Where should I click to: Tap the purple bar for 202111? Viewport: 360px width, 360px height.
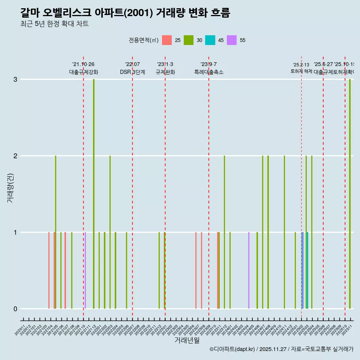85,270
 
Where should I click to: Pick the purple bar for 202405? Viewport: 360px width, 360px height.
249,270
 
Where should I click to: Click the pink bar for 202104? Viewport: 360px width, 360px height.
49,270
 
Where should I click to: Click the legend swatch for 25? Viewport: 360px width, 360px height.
167,40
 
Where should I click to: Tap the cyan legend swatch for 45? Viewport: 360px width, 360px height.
210,40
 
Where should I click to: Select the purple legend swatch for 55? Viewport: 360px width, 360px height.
232,40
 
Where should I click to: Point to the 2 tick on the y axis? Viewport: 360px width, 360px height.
15,156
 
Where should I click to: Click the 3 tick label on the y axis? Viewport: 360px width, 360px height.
15,79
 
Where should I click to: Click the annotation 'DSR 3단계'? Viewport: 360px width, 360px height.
132,72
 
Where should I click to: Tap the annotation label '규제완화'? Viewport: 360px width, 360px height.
165,72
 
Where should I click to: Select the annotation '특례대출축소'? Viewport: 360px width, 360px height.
208,72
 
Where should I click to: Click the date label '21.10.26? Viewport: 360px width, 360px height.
83,64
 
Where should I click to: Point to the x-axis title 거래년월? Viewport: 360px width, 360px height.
187,340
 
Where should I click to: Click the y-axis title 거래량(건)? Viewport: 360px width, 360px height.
10,187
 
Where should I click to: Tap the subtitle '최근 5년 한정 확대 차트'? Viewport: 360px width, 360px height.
54,24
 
